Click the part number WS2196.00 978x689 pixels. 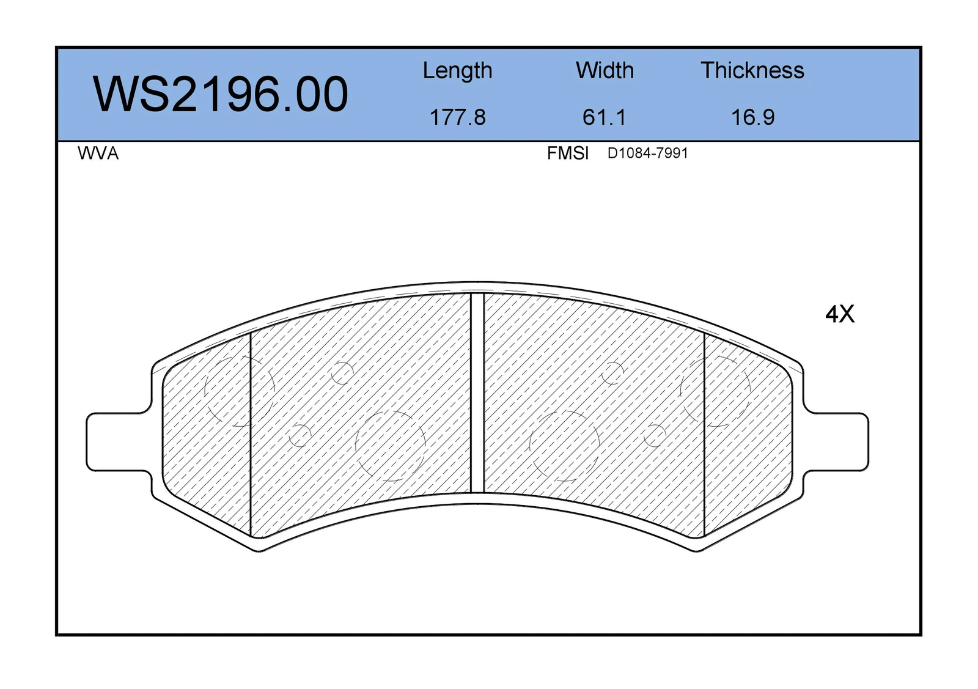click(x=221, y=94)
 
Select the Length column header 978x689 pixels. click(x=458, y=71)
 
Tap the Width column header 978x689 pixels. click(x=605, y=70)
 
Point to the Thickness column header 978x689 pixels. click(x=752, y=70)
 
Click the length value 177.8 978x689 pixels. click(x=458, y=117)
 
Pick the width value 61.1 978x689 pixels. click(x=605, y=117)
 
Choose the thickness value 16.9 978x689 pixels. click(x=752, y=117)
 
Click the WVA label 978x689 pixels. click(x=98, y=153)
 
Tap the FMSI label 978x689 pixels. click(x=568, y=153)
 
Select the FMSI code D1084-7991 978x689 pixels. click(x=647, y=153)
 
